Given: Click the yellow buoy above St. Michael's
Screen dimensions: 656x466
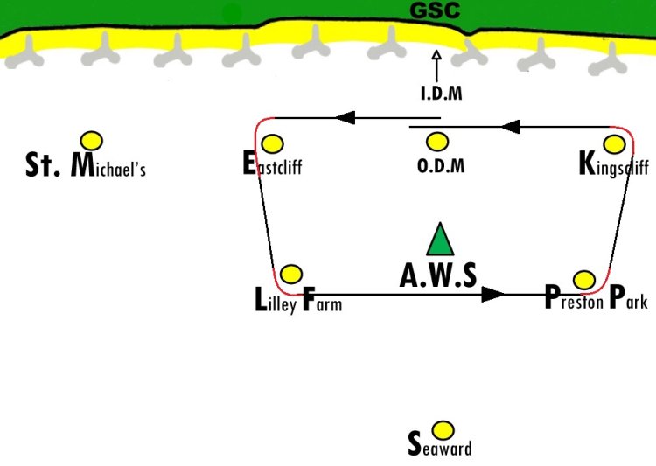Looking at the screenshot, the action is (x=92, y=141).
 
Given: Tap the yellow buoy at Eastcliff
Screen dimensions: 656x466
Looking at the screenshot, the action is (x=272, y=144).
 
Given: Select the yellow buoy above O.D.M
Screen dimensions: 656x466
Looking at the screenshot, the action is (x=437, y=142).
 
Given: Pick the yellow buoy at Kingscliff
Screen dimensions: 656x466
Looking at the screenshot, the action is (x=615, y=144).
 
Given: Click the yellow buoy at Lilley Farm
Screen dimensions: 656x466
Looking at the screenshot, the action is (x=291, y=275).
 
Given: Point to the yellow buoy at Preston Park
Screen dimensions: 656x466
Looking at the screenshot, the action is (x=584, y=280).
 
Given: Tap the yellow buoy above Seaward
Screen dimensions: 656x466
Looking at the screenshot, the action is (x=443, y=430).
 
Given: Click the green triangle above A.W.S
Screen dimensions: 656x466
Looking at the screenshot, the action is (x=440, y=240).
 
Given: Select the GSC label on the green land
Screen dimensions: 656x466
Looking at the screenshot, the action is (x=435, y=10).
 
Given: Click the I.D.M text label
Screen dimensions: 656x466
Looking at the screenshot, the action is (x=442, y=94).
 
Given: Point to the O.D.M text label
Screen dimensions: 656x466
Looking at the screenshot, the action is (x=441, y=166).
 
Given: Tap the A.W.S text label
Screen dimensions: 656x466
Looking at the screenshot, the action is (x=438, y=275).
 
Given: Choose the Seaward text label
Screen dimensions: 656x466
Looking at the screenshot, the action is (x=440, y=444).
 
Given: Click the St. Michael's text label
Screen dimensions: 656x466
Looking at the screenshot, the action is (x=86, y=165).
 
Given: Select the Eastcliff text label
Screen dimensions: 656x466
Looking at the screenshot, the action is (x=272, y=163).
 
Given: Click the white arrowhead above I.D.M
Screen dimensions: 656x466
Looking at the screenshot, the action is (x=436, y=55).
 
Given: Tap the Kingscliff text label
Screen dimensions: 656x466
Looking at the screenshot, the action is (x=614, y=163).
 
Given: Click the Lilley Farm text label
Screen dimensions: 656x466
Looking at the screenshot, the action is (x=298, y=300).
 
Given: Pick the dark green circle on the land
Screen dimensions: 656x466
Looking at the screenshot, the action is (x=232, y=13).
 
